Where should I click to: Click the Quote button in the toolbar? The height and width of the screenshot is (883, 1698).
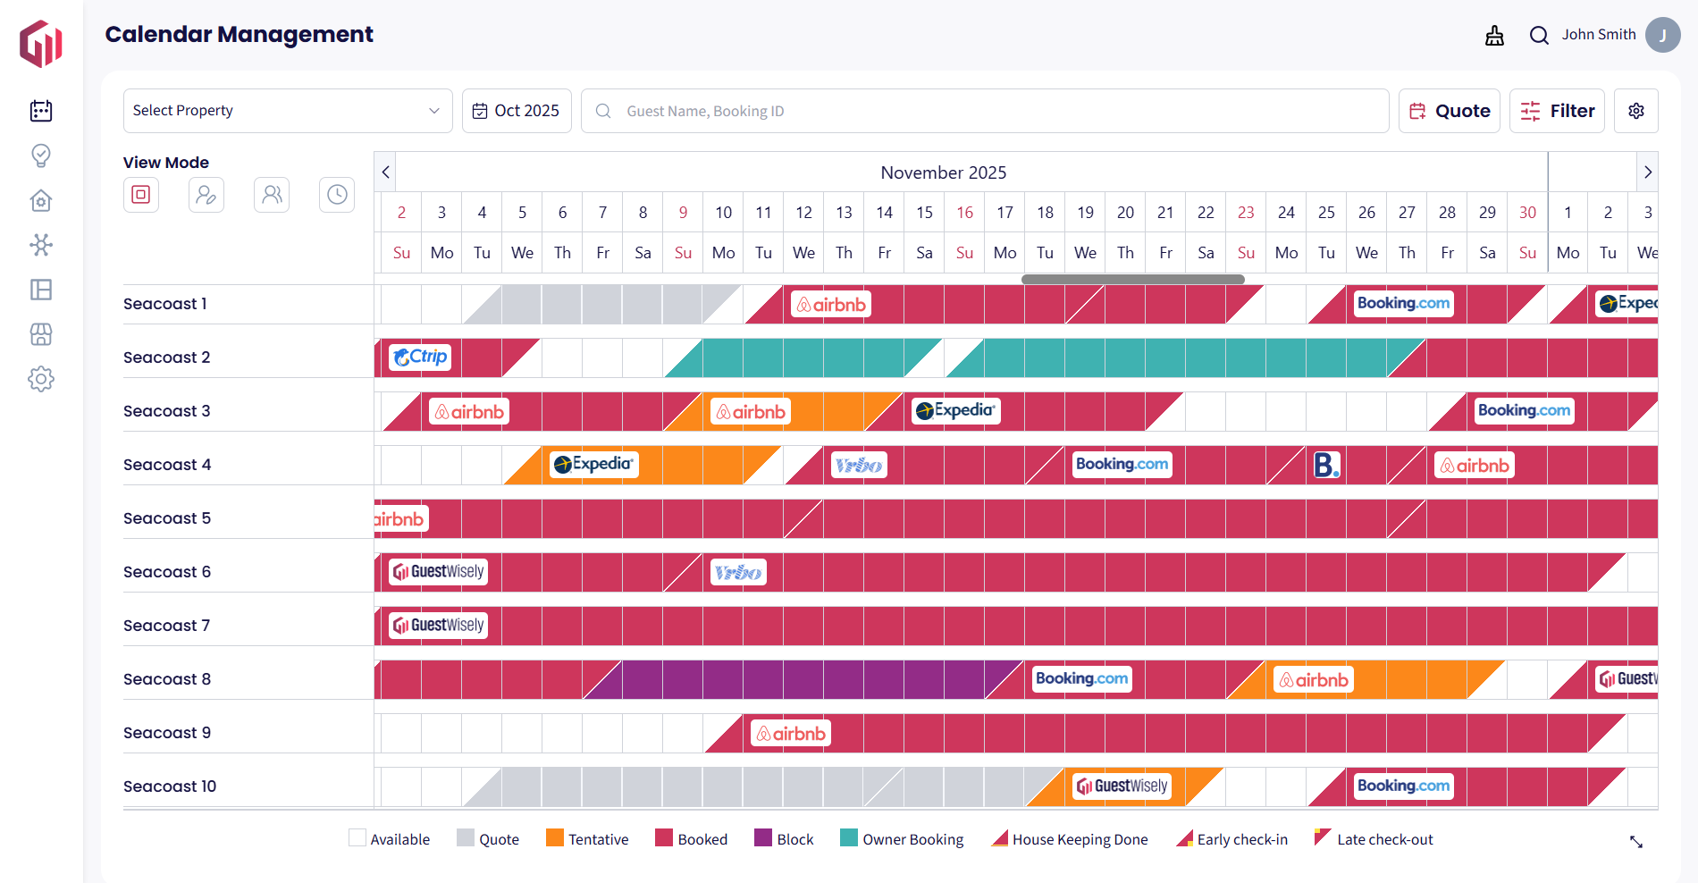click(1449, 111)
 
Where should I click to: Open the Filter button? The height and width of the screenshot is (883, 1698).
click(1557, 111)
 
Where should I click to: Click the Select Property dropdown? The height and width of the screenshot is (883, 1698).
click(287, 111)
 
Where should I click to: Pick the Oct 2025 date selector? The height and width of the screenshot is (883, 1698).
click(517, 111)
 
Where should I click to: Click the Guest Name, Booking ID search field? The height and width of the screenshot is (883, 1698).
click(983, 111)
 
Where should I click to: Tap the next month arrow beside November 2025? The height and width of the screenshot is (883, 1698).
click(1647, 172)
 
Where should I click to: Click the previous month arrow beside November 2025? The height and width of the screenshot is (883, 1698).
click(385, 172)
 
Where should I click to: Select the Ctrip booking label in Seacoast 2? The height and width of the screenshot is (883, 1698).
click(420, 357)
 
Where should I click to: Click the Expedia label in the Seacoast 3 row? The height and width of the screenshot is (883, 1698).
click(955, 411)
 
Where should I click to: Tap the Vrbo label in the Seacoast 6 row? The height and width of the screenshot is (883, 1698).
click(738, 572)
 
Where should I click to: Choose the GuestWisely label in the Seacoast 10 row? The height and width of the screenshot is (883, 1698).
click(1122, 786)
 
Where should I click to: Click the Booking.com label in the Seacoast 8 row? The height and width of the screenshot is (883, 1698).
click(1081, 679)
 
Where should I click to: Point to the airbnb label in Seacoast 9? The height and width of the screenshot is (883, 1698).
click(791, 734)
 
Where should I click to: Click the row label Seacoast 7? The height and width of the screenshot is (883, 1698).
click(166, 626)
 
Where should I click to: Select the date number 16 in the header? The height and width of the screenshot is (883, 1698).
click(964, 213)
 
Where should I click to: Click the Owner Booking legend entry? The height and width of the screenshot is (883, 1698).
click(902, 839)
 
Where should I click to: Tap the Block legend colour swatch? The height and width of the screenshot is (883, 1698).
click(763, 838)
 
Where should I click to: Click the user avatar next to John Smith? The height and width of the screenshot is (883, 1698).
click(1662, 35)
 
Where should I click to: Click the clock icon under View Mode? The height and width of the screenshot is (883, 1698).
click(337, 195)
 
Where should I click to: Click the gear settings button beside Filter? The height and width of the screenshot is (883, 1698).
click(1635, 111)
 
